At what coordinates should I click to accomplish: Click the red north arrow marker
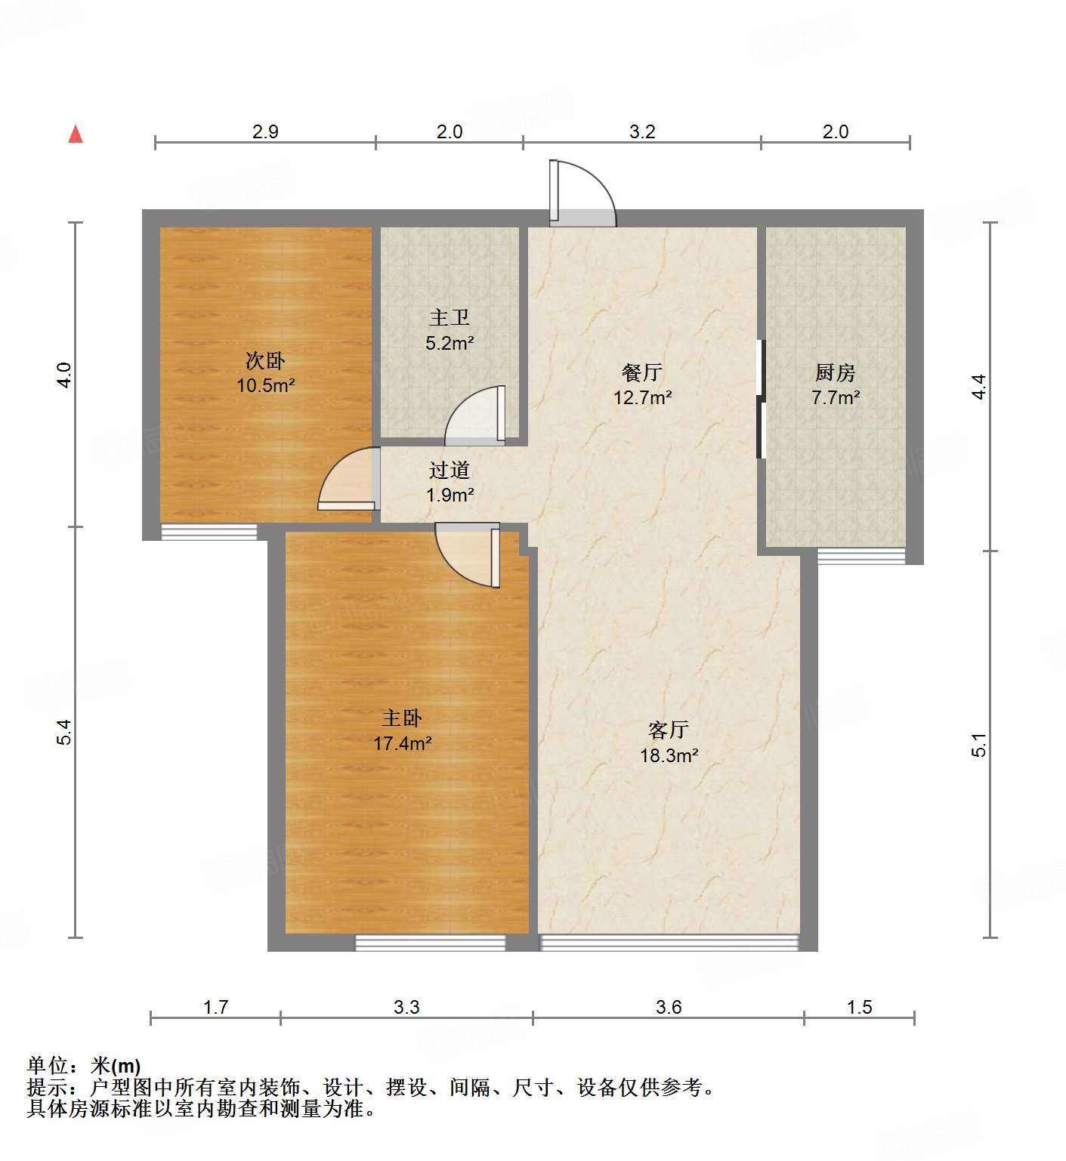76,134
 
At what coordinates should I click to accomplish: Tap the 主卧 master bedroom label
402,718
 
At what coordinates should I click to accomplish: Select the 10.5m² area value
265,386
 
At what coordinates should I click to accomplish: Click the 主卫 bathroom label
450,318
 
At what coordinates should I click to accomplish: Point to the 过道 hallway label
450,471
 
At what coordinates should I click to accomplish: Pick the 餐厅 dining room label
642,372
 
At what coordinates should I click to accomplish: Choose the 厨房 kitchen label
835,372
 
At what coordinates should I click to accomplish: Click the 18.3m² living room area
669,755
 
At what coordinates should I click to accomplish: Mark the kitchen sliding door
761,399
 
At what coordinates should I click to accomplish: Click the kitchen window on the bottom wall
861,557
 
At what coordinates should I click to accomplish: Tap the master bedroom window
430,942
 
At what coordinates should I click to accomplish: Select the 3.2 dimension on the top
642,131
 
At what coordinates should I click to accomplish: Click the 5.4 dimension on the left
65,732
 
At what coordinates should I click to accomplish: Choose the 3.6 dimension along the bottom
669,1007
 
